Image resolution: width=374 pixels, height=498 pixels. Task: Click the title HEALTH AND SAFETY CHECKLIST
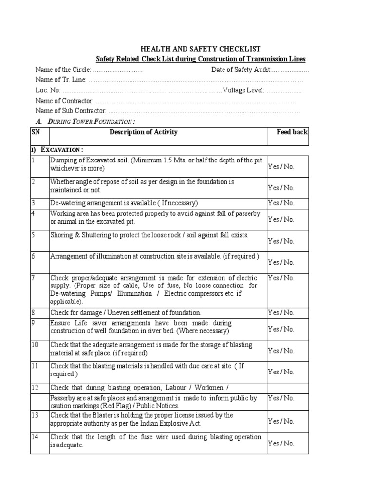(x=200, y=49)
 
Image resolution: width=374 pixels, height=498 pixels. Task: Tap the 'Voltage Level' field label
(x=243, y=90)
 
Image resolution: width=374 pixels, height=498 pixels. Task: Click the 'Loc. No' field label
(x=48, y=90)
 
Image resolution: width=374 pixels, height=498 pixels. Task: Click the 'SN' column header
(x=36, y=132)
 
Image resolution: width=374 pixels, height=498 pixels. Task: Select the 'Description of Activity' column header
(x=143, y=132)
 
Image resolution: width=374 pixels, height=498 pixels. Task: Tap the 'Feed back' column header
(x=292, y=132)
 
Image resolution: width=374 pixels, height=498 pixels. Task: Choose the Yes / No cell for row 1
(x=281, y=166)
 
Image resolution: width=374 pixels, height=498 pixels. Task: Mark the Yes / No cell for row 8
(x=281, y=313)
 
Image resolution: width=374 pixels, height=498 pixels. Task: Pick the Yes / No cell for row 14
(x=281, y=443)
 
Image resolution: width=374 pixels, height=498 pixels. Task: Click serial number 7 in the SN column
(x=34, y=278)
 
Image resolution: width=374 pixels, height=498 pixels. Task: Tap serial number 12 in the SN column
(x=35, y=388)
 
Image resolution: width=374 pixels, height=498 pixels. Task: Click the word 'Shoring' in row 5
(x=62, y=235)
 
